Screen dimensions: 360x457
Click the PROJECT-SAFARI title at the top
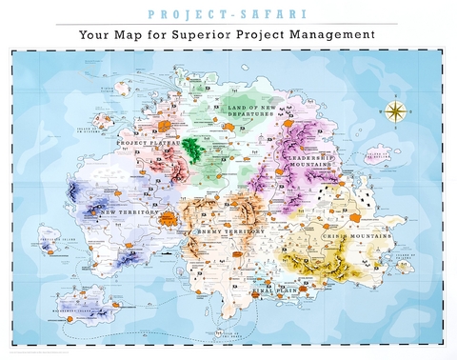point(228,12)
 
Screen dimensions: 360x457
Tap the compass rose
point(396,110)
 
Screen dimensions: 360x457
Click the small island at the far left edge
point(50,236)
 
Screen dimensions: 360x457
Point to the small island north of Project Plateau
point(123,88)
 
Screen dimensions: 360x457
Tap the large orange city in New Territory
point(169,219)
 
